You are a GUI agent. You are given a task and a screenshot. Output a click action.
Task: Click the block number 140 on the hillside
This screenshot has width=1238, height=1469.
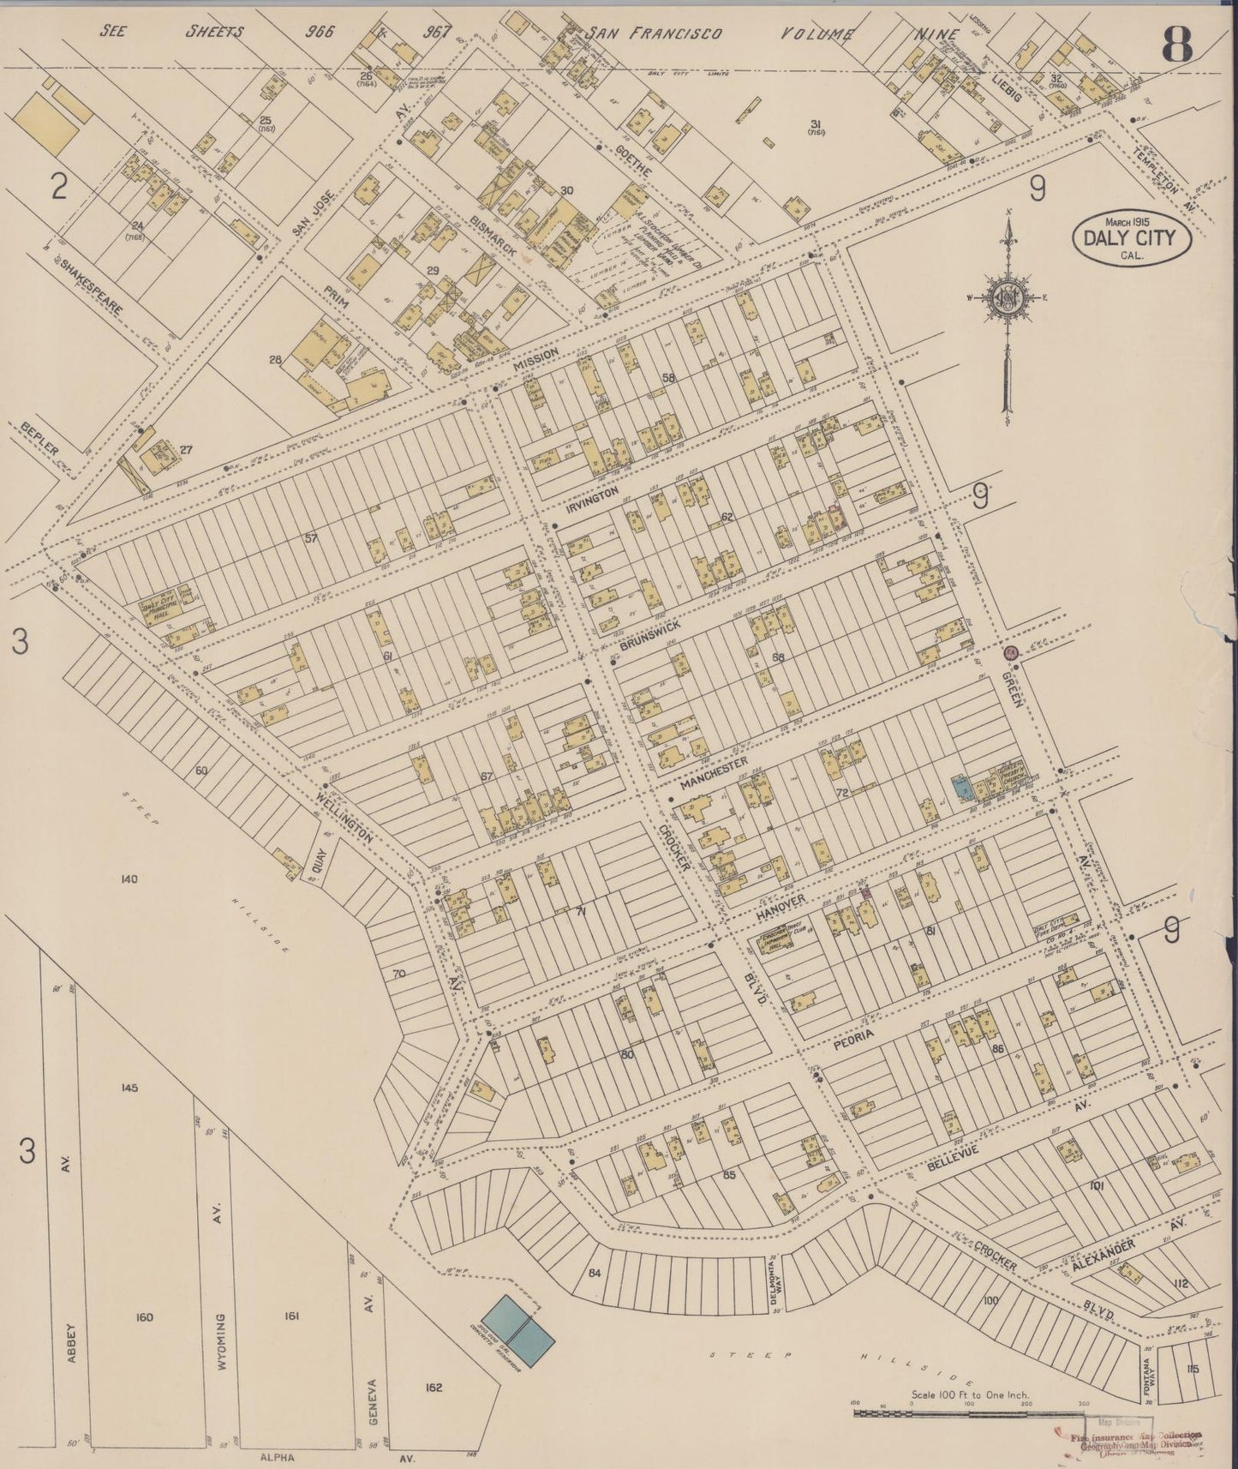129,878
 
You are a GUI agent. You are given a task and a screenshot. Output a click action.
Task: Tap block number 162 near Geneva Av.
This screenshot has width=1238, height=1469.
434,1387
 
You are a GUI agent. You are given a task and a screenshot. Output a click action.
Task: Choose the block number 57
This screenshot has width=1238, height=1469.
310,538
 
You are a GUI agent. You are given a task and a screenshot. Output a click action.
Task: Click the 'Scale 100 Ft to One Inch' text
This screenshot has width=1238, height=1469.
971,1394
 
